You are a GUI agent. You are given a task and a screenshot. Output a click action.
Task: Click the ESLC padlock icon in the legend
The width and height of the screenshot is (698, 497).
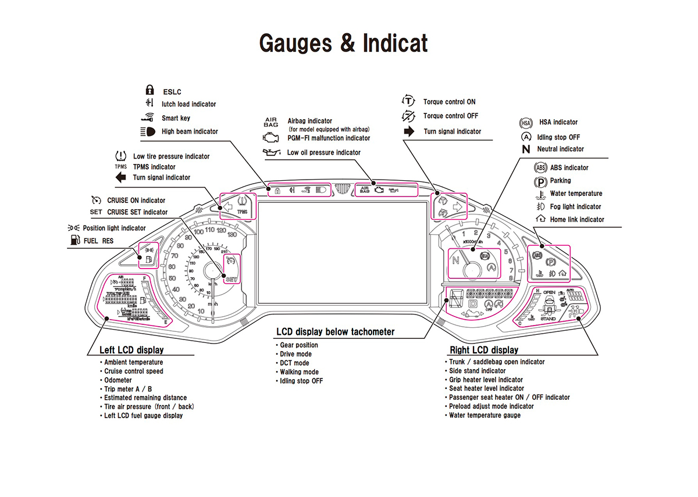tap(149, 90)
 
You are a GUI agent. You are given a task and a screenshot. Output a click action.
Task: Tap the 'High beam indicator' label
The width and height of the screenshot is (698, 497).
tap(190, 131)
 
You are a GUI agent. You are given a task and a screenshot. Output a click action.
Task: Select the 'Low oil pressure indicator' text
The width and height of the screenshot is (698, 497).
tap(323, 153)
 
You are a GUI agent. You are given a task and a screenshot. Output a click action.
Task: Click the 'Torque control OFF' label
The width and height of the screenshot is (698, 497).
tap(450, 116)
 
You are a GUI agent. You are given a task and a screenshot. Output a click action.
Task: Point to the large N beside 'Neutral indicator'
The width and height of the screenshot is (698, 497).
tap(526, 149)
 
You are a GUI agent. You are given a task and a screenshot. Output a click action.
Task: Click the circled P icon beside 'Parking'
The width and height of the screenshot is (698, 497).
tap(540, 181)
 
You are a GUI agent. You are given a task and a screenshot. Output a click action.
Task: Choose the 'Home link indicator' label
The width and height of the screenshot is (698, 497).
tap(577, 220)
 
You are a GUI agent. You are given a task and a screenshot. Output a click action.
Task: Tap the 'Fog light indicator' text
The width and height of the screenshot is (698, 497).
tap(575, 207)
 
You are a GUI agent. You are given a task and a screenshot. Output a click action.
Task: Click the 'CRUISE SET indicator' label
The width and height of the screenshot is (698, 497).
tap(137, 212)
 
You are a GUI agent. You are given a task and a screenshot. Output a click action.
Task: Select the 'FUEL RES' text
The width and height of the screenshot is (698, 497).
tap(98, 241)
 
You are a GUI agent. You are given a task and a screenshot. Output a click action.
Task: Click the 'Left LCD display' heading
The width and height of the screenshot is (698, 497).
tap(131, 350)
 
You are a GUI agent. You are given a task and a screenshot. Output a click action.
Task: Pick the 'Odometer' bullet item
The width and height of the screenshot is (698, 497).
tap(118, 380)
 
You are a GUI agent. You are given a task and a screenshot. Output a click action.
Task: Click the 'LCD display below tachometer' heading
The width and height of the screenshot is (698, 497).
tap(335, 332)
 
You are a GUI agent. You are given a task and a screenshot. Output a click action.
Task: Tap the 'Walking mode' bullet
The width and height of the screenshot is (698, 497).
tap(299, 372)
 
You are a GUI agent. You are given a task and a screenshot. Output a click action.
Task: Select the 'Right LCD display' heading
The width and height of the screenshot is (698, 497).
tap(483, 350)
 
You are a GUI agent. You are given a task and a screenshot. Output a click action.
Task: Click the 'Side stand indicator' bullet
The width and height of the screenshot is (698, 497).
tap(477, 371)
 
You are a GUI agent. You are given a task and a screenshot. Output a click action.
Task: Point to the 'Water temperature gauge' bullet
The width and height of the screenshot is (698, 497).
tap(485, 416)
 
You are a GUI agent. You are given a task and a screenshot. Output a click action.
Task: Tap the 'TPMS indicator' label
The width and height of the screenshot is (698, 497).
tap(154, 167)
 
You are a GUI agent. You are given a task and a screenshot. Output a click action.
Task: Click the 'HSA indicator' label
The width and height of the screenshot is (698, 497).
tap(558, 122)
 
